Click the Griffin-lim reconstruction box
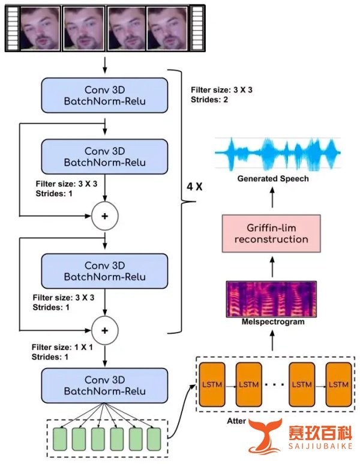click(x=271, y=234)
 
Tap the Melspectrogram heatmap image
click(x=271, y=299)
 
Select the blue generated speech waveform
click(x=278, y=154)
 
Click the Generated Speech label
click(x=273, y=179)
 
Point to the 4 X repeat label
click(x=194, y=187)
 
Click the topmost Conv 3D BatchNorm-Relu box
click(x=104, y=95)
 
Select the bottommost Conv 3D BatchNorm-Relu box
click(x=104, y=385)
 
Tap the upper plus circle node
click(x=105, y=216)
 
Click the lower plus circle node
click(x=105, y=330)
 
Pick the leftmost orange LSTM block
click(x=212, y=385)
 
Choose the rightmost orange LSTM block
click(x=338, y=385)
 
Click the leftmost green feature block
click(x=60, y=439)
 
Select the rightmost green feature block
click(x=154, y=439)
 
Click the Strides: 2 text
click(x=209, y=100)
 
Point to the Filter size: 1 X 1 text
click(x=62, y=347)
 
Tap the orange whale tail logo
click(x=264, y=436)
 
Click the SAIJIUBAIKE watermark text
click(x=320, y=446)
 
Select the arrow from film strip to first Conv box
click(x=105, y=65)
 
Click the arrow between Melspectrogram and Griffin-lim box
click(x=272, y=267)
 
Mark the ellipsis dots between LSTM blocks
click(x=275, y=385)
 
